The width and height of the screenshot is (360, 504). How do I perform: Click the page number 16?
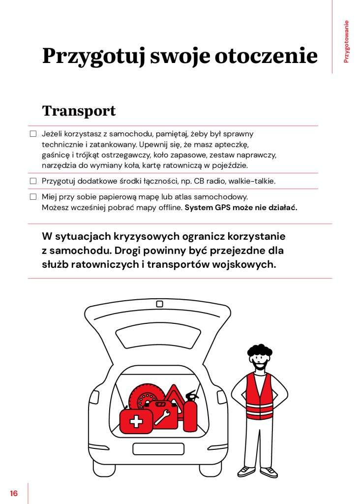click(13, 493)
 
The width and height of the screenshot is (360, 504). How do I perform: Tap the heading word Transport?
click(79, 111)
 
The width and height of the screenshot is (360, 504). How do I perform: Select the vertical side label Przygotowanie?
click(346, 41)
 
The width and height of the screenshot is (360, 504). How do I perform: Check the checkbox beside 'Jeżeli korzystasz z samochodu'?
click(33, 134)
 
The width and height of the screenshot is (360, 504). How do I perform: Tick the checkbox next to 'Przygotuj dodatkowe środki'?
click(33, 181)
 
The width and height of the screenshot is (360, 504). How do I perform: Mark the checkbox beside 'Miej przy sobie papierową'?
click(33, 197)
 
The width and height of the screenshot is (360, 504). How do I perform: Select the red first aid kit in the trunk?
click(136, 421)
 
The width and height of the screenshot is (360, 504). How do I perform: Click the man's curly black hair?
click(259, 351)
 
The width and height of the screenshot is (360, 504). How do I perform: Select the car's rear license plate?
click(159, 448)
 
